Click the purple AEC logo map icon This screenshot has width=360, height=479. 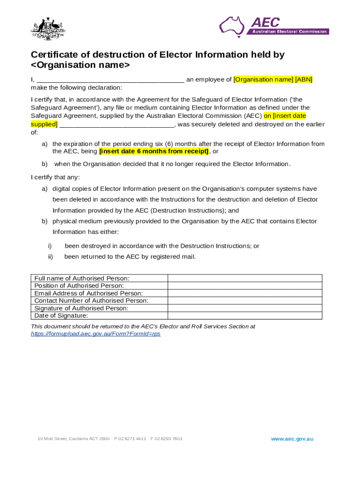point(232,26)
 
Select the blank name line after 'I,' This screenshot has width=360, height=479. point(110,80)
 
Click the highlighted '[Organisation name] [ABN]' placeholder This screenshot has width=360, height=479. point(273,80)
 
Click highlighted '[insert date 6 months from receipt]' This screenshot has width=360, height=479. point(154,152)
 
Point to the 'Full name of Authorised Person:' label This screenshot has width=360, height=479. point(82,278)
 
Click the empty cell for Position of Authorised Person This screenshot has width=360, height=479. point(245,286)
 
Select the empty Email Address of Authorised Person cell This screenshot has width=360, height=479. point(245,293)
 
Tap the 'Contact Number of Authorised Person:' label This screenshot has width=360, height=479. point(91,301)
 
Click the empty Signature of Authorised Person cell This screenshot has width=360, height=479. point(245,308)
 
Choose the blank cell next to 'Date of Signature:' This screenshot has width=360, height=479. point(245,316)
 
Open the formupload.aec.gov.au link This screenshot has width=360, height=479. point(95,334)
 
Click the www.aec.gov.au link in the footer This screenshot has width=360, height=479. point(292,439)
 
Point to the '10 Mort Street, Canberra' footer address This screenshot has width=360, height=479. point(73,439)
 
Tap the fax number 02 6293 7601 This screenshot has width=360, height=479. point(169,439)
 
